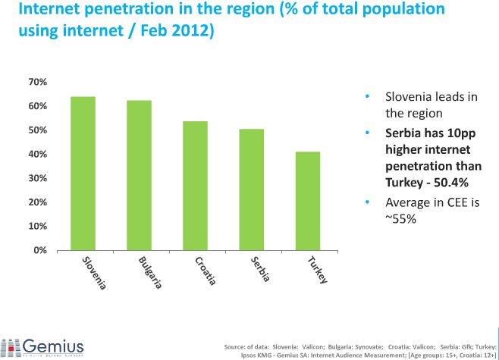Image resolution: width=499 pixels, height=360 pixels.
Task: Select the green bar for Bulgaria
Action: [x=139, y=175]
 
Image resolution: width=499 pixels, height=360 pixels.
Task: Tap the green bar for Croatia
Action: [x=195, y=186]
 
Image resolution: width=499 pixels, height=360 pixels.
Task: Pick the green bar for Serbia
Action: [x=251, y=189]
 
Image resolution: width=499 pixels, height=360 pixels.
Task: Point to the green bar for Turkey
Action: [x=308, y=201]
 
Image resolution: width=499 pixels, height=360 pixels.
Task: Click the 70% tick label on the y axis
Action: [x=37, y=82]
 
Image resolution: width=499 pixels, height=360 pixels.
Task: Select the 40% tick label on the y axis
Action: [x=37, y=155]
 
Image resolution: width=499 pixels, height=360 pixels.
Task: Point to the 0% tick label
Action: [x=40, y=250]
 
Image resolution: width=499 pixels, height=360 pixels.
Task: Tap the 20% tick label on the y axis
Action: [x=37, y=202]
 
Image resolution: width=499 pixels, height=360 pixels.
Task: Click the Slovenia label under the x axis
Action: [x=94, y=273]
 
